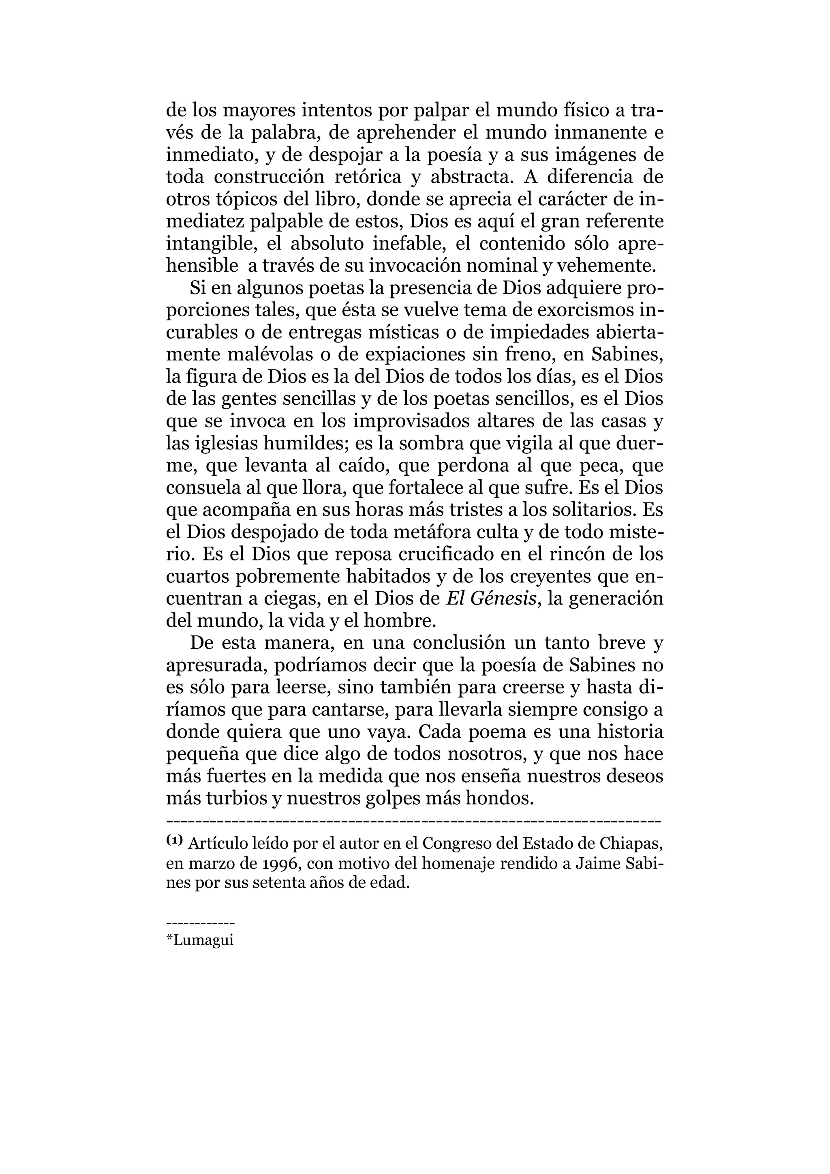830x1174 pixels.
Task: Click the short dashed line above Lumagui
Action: pyautogui.click(x=200, y=924)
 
